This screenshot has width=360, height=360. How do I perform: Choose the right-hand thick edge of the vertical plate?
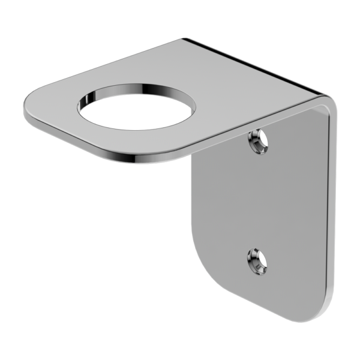click(332, 210)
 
